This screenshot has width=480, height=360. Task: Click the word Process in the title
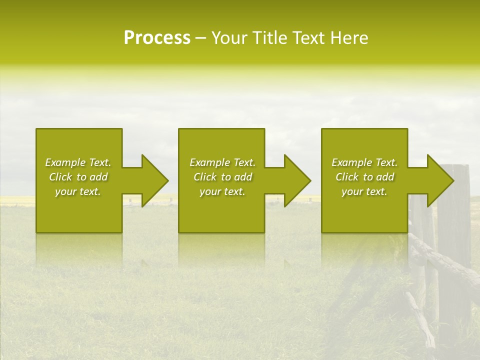(157, 38)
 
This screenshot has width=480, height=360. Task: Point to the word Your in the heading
(229, 38)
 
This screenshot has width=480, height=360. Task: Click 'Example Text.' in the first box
(78, 162)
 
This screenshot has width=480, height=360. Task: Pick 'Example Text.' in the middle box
(222, 162)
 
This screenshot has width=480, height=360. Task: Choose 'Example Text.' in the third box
(364, 162)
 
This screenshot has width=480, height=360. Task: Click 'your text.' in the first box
(78, 191)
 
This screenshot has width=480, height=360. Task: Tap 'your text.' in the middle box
(222, 191)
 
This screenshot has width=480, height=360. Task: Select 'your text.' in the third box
(364, 191)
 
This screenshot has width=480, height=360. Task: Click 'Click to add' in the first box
(78, 177)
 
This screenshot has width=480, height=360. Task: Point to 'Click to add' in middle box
(222, 177)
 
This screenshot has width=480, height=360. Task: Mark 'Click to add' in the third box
(364, 177)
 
